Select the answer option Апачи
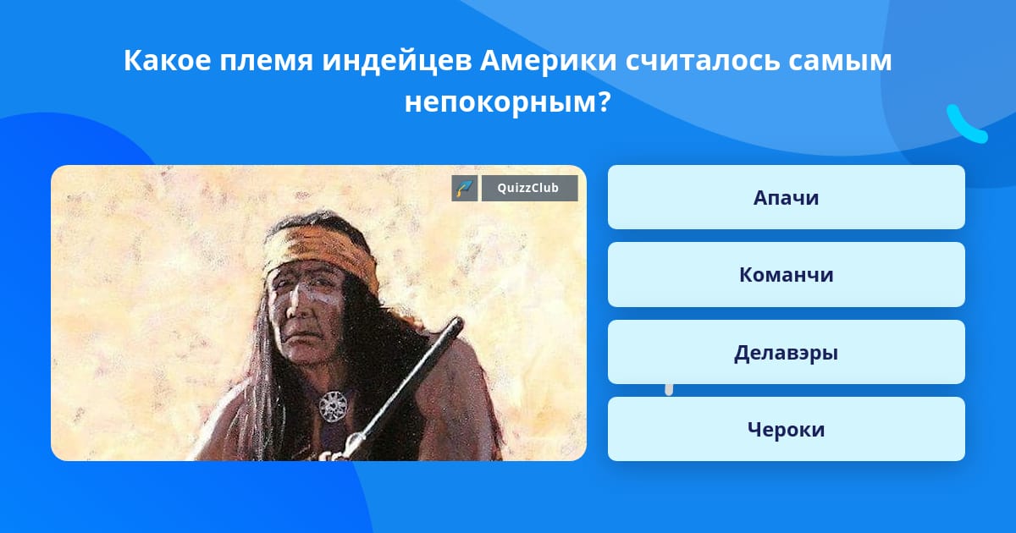786,197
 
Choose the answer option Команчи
786,275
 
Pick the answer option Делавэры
786,352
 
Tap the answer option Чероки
786,429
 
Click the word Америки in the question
548,60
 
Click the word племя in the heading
266,61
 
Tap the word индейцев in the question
397,61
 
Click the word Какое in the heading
168,60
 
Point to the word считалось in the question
702,61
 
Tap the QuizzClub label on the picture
529,188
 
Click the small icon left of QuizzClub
465,188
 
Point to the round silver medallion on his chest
334,407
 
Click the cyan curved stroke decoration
965,126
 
